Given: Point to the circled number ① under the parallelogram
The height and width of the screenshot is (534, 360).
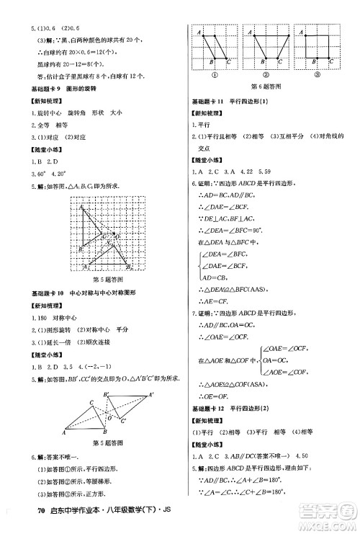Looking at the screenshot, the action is click(214, 74).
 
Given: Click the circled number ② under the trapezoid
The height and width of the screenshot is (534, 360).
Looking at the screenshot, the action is click(264, 74).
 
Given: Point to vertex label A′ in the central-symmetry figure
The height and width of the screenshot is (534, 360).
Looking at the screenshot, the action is click(151, 394).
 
